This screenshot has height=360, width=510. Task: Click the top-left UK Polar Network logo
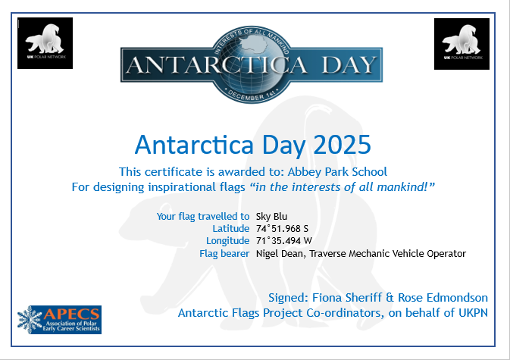[x=45, y=43]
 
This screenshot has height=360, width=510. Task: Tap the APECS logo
[x=59, y=320]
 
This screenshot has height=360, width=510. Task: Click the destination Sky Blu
[x=271, y=216]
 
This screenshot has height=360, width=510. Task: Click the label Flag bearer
[x=224, y=253]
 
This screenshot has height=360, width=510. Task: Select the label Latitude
[x=231, y=228]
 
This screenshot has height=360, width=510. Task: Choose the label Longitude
[x=227, y=240]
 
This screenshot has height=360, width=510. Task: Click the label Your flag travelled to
[x=203, y=216]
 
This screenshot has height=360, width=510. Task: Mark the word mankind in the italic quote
[x=407, y=186]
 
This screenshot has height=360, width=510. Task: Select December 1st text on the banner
[x=252, y=96]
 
